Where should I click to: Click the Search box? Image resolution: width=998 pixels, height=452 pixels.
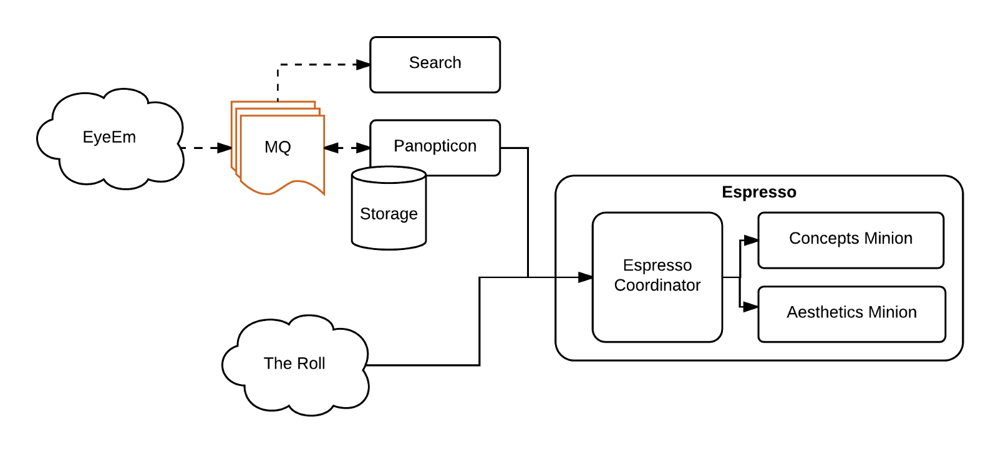(x=435, y=64)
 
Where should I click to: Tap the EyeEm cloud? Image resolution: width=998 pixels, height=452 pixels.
(x=109, y=138)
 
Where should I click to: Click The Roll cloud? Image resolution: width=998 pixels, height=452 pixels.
(x=294, y=363)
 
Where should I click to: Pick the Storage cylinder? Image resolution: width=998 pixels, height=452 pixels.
(x=389, y=214)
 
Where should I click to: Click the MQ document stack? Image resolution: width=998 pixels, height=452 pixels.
(x=278, y=148)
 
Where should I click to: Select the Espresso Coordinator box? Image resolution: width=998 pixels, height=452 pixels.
(x=657, y=276)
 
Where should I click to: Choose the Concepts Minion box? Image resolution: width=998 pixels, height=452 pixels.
(x=850, y=239)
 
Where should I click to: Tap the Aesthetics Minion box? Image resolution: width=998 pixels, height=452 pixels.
(x=851, y=313)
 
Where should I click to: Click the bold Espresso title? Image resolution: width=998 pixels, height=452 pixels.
(x=758, y=192)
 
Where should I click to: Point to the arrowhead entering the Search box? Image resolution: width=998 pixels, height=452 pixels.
(x=363, y=64)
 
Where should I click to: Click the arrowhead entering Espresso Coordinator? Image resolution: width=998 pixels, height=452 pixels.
(x=585, y=277)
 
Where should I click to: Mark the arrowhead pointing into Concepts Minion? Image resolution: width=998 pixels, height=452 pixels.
(x=751, y=240)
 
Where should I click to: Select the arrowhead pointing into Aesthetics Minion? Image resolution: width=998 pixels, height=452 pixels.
(x=751, y=307)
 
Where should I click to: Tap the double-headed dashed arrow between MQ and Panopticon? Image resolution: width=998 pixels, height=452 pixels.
(x=347, y=148)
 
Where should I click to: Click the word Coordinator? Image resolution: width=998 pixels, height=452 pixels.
(x=657, y=286)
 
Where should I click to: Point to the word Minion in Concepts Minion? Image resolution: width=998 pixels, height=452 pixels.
(x=888, y=238)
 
